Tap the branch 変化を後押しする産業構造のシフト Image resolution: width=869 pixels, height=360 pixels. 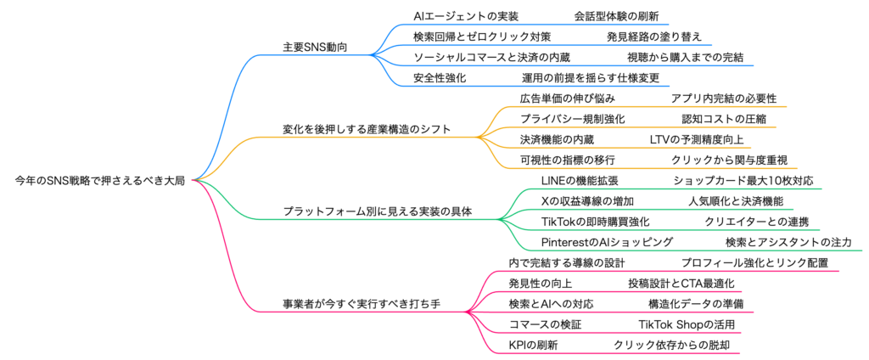[367, 129]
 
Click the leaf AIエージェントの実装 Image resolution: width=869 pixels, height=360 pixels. [465, 17]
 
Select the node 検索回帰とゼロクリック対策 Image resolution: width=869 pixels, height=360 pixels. [482, 37]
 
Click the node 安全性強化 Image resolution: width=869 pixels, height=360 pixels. [440, 78]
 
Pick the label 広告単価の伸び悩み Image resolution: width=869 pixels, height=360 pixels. [562, 98]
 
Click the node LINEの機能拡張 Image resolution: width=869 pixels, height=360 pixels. [580, 181]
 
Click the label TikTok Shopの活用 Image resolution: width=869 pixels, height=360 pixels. [687, 324]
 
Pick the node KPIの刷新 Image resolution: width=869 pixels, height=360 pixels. [533, 345]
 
